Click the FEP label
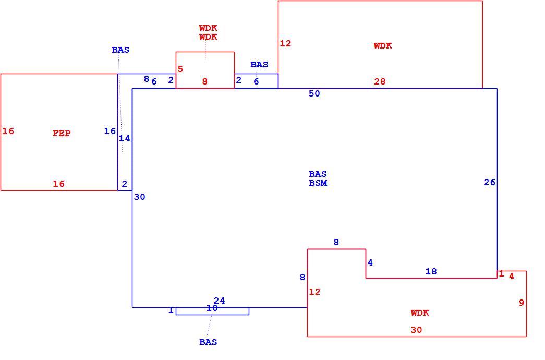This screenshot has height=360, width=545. click(x=62, y=134)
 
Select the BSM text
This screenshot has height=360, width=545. click(x=318, y=183)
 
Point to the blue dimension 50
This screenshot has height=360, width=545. click(x=314, y=93)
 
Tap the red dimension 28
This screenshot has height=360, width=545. click(x=380, y=81)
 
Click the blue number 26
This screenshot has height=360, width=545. click(x=489, y=182)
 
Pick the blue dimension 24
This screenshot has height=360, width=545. click(x=220, y=301)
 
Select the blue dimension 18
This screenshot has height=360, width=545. click(x=431, y=271)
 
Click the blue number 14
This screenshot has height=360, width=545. click(x=125, y=138)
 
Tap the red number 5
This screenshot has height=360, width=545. click(x=180, y=69)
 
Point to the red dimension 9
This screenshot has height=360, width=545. click(x=522, y=303)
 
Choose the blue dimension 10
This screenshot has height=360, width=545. click(x=212, y=308)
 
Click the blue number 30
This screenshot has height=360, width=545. click(x=139, y=197)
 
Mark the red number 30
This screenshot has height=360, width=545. click(x=416, y=330)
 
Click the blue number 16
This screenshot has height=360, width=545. click(x=110, y=131)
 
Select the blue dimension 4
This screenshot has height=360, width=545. click(x=370, y=262)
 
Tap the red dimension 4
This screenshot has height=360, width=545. click(x=511, y=276)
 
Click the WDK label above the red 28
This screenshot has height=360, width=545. click(x=383, y=46)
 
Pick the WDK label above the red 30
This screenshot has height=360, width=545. click(x=420, y=313)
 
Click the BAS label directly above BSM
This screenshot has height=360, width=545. click(x=318, y=174)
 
